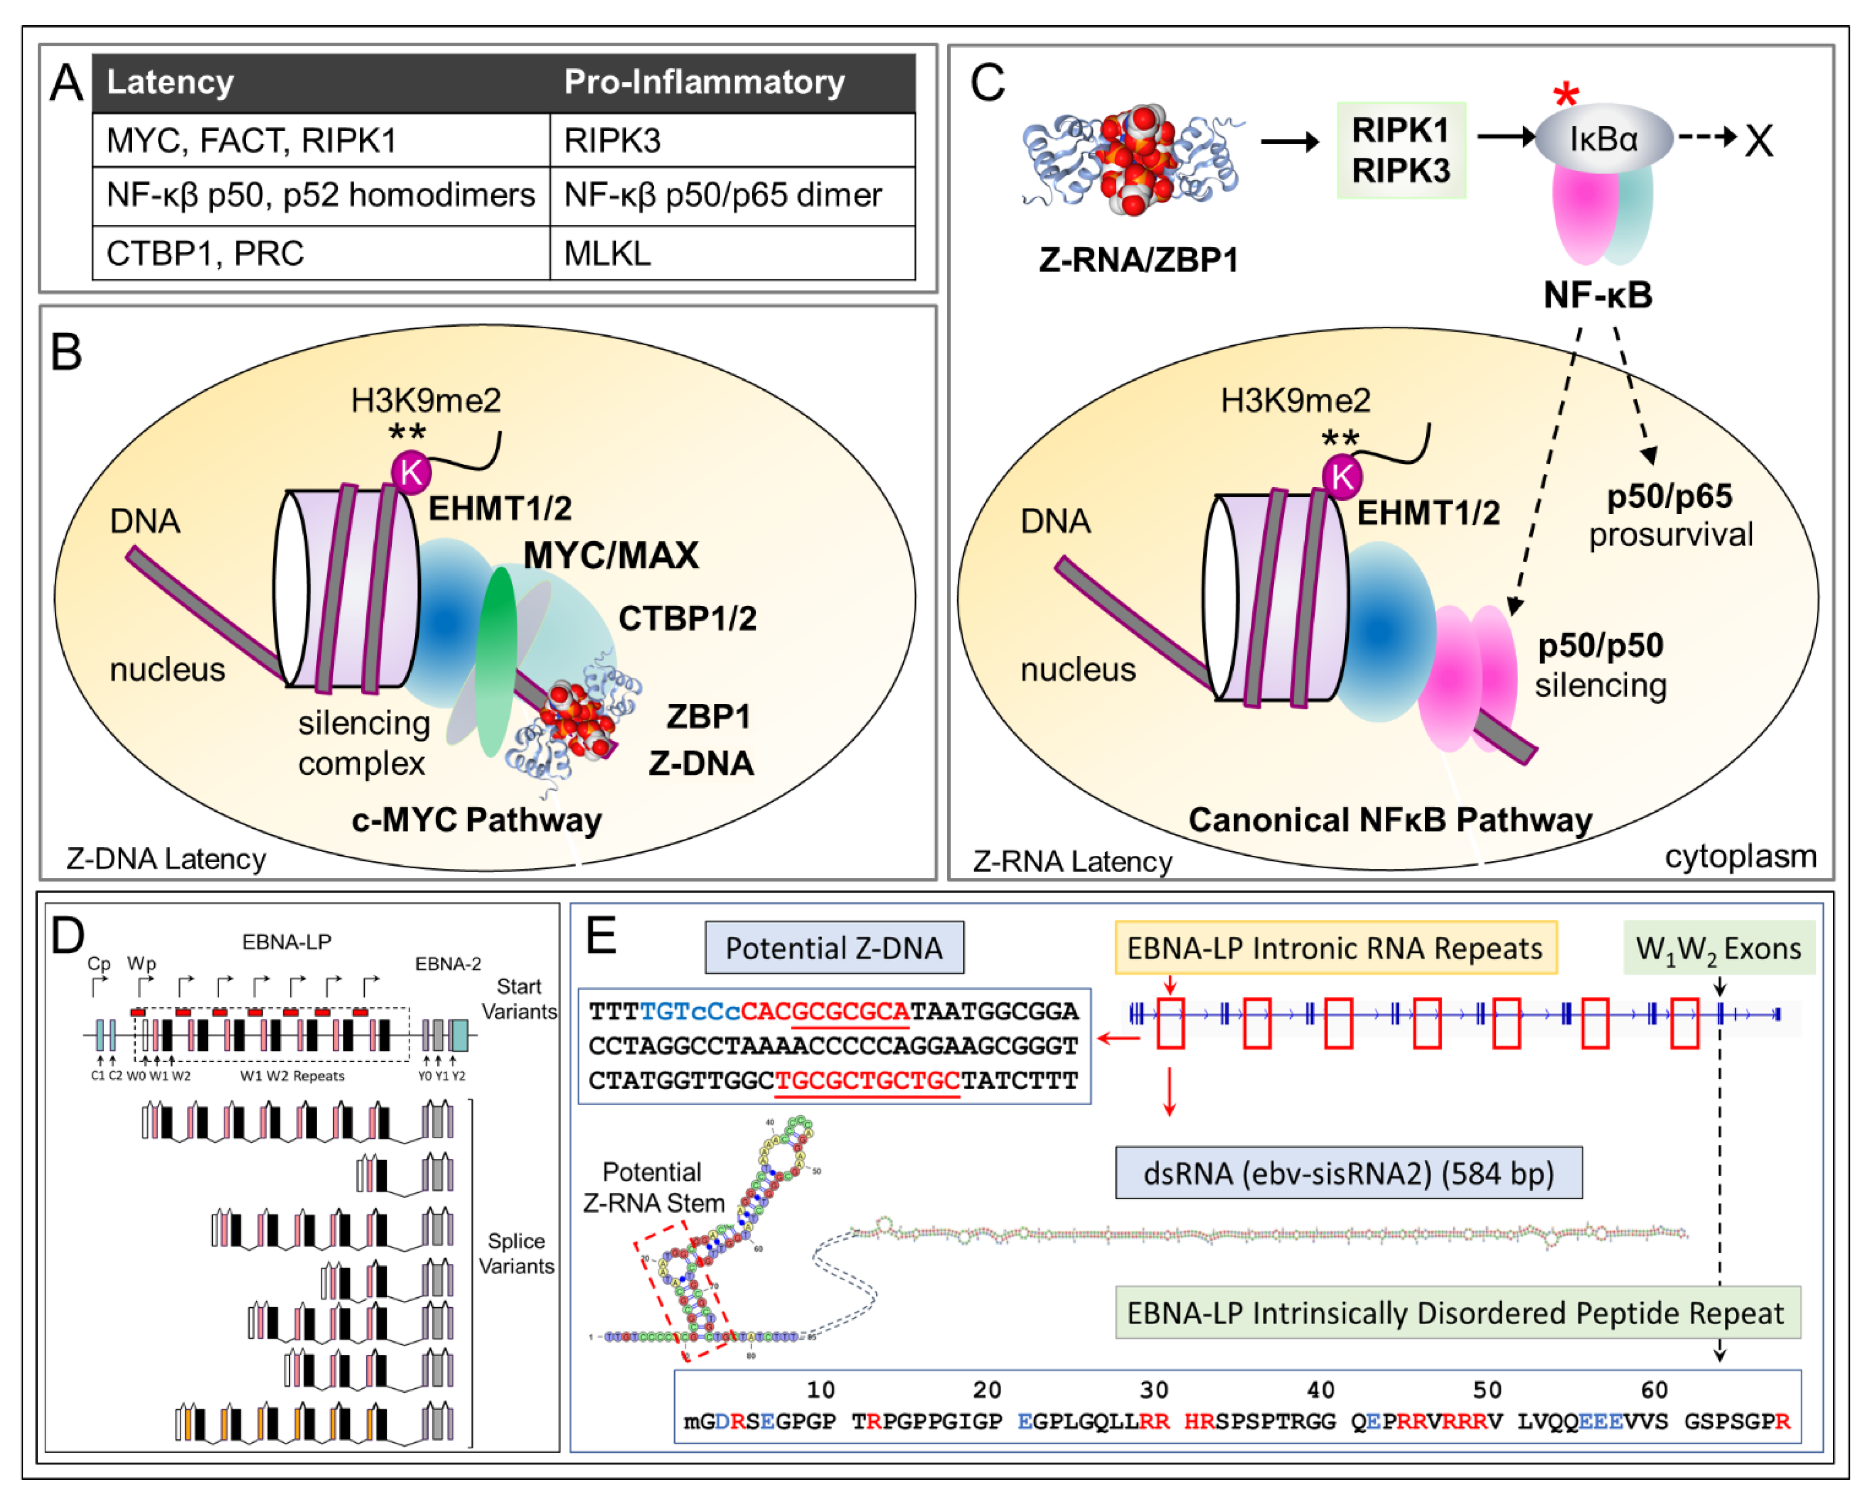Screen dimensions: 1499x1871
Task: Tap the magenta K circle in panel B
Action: [411, 473]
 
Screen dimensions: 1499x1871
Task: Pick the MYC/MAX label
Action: [611, 556]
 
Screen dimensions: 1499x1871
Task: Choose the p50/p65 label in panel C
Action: [1669, 497]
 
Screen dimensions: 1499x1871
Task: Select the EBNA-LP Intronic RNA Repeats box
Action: [1335, 948]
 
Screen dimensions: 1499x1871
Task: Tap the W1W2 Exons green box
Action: [1718, 948]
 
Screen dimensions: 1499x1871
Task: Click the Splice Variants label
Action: [516, 1254]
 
